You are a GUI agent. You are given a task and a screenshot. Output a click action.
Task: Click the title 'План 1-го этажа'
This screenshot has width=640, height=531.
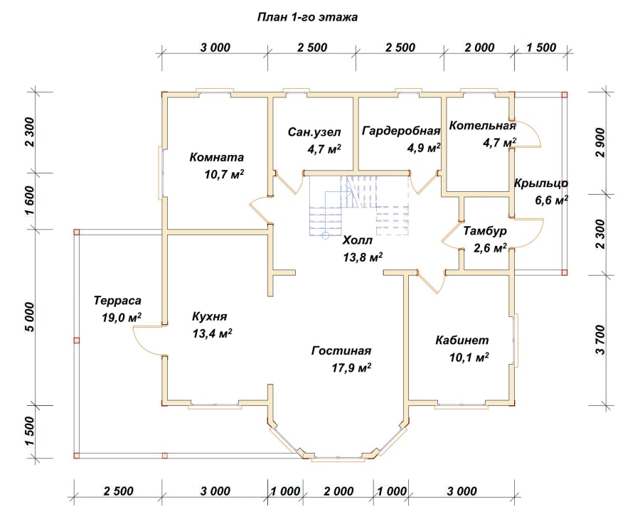click(307, 17)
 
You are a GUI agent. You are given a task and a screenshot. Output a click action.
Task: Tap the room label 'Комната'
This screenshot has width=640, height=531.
click(217, 157)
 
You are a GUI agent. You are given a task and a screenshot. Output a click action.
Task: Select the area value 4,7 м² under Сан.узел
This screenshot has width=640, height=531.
click(324, 149)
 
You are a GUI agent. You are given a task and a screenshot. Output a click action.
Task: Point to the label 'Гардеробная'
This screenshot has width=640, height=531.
click(401, 131)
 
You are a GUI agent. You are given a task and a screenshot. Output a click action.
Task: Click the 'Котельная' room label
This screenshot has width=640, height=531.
click(482, 125)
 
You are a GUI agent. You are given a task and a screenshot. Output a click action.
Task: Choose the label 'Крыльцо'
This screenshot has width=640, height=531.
click(541, 183)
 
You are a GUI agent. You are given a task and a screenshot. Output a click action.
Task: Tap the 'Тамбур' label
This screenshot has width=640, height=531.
click(485, 231)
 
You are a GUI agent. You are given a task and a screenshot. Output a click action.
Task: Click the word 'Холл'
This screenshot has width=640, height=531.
click(358, 240)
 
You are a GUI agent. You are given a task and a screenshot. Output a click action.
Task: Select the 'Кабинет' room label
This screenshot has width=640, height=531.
click(462, 340)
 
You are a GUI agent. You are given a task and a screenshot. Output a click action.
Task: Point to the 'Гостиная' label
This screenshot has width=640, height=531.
click(341, 350)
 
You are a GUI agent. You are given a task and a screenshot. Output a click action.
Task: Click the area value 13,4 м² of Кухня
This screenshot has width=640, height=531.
click(212, 333)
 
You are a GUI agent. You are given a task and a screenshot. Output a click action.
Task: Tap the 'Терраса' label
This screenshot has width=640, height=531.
click(117, 301)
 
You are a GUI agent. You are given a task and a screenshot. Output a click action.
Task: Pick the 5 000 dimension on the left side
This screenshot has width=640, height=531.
click(30, 317)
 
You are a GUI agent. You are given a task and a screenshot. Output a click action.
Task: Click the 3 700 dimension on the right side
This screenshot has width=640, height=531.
click(600, 340)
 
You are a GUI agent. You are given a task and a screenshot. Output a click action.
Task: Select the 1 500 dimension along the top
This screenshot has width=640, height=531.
click(541, 48)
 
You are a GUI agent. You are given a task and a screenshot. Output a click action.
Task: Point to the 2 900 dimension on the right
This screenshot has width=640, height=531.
click(600, 142)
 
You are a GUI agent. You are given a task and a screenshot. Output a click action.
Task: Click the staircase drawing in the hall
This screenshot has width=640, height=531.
click(359, 207)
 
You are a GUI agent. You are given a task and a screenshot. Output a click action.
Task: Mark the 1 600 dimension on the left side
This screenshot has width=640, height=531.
click(30, 200)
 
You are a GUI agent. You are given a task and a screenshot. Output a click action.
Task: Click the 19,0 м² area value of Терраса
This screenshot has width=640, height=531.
click(122, 318)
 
